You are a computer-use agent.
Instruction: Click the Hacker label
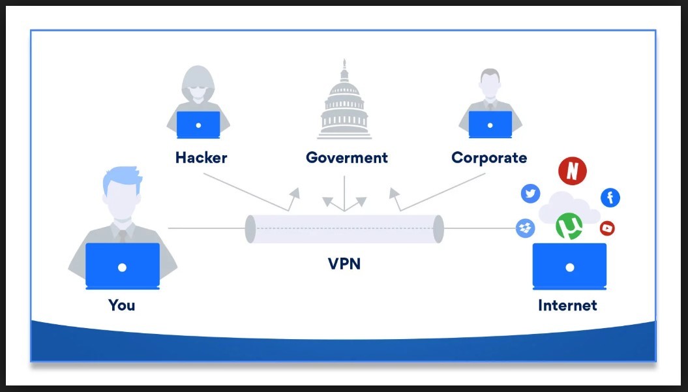(x=201, y=158)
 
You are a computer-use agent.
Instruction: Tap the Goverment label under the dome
(x=346, y=158)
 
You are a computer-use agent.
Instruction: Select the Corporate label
(x=488, y=158)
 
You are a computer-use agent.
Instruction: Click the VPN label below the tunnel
(x=344, y=264)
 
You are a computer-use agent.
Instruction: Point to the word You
(x=121, y=305)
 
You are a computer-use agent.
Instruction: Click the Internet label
(x=567, y=305)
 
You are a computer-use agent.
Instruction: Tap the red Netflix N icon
(x=572, y=171)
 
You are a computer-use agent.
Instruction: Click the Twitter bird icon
(x=530, y=193)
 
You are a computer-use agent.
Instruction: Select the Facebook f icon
(x=610, y=197)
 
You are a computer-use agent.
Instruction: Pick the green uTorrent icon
(x=569, y=226)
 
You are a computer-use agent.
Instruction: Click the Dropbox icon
(x=525, y=228)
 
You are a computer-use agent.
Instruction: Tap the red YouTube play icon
(x=607, y=228)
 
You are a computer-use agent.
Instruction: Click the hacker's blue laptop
(x=198, y=124)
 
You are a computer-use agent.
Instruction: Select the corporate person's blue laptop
(x=490, y=124)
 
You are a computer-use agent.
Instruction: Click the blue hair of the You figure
(x=121, y=177)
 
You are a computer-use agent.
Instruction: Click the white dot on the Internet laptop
(x=569, y=267)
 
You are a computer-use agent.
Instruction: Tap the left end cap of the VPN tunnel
(x=250, y=229)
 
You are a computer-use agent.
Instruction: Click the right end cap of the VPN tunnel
(x=438, y=229)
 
